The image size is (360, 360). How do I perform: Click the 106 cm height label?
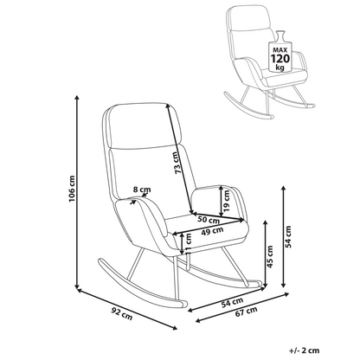[x=72, y=189]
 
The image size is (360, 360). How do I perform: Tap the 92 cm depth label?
[x=122, y=313]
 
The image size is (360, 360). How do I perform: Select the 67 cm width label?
[x=246, y=312]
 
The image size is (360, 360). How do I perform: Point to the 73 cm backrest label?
[x=178, y=163]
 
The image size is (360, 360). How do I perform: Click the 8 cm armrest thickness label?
[x=142, y=190]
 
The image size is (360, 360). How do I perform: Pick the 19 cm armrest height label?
[x=227, y=201]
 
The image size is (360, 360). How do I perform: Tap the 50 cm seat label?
[x=209, y=220]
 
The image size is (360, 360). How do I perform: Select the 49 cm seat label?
[x=212, y=231]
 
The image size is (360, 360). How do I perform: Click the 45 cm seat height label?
[x=270, y=256]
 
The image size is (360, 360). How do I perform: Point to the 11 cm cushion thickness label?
[x=189, y=243]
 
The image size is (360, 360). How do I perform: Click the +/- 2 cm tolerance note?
[x=305, y=350]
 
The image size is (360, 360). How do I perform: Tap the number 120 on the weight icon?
[x=280, y=59]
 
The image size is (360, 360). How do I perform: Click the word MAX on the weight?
[x=280, y=49]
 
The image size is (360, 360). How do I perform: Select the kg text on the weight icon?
[x=280, y=67]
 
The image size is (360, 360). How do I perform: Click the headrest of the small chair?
[x=248, y=17]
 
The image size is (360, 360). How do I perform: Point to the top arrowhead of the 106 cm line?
[x=77, y=98]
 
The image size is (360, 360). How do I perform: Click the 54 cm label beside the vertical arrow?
[x=288, y=236]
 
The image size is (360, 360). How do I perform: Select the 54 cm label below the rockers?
[x=232, y=302]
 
